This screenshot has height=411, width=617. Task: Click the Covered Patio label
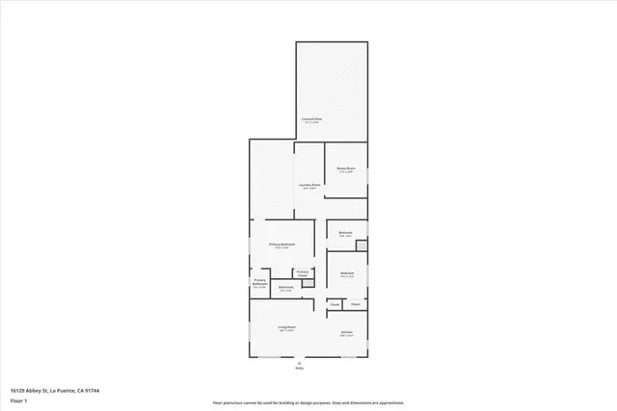311,119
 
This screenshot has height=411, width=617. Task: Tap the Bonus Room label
346,168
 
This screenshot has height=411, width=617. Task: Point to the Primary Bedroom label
282,244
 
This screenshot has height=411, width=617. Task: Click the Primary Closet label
302,273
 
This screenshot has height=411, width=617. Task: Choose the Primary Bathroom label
259,283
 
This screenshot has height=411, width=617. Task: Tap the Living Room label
286,327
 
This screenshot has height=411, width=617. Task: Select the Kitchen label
346,333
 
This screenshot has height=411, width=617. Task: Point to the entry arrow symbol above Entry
299,362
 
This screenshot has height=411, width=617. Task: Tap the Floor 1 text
18,398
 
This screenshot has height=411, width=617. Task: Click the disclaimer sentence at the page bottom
309,401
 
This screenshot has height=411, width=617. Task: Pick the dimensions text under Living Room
286,331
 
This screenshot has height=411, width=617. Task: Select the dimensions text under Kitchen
346,337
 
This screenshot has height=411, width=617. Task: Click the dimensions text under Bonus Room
346,172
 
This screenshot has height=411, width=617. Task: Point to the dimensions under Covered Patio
311,123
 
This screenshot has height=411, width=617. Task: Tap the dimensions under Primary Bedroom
282,248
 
